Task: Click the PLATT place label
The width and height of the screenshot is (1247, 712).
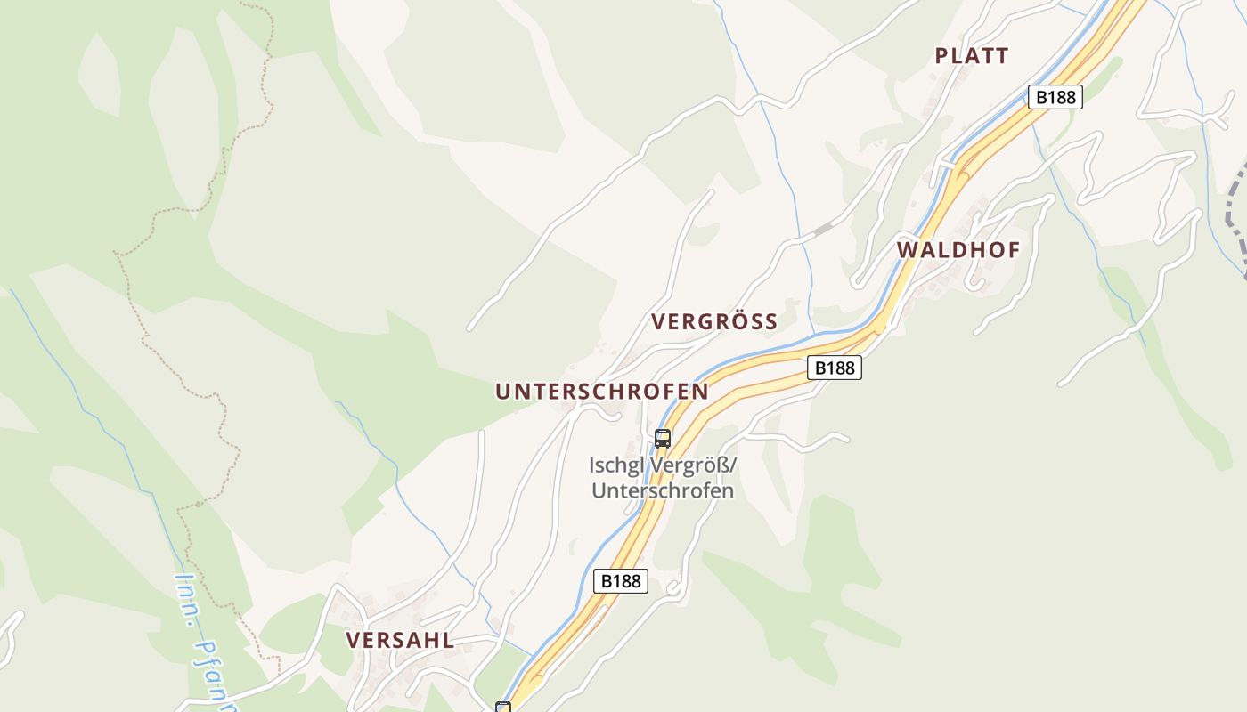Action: pyautogui.click(x=972, y=56)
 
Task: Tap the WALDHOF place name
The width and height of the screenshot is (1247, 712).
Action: pyautogui.click(x=958, y=250)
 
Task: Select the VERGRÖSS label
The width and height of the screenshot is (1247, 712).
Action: pyautogui.click(x=714, y=321)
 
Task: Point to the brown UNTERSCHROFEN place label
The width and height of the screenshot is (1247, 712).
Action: pyautogui.click(x=602, y=392)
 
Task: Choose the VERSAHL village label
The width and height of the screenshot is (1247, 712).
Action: pyautogui.click(x=400, y=640)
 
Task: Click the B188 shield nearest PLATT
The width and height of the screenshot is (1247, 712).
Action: pyautogui.click(x=1055, y=97)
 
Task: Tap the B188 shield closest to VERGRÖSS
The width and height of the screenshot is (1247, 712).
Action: pyautogui.click(x=835, y=368)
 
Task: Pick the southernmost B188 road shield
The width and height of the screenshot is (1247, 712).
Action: pyautogui.click(x=621, y=581)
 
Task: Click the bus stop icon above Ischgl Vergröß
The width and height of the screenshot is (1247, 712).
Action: pyautogui.click(x=662, y=438)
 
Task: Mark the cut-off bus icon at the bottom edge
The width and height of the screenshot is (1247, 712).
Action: pyautogui.click(x=503, y=708)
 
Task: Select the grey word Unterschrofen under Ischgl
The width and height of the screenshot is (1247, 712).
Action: pyautogui.click(x=663, y=490)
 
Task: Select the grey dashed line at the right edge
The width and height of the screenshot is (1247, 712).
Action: pyautogui.click(x=1234, y=214)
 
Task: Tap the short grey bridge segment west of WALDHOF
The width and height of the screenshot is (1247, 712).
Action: pyautogui.click(x=822, y=230)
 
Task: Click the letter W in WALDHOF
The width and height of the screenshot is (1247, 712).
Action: pyautogui.click(x=907, y=250)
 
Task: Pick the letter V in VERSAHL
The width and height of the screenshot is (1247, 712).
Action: pyautogui.click(x=353, y=640)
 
